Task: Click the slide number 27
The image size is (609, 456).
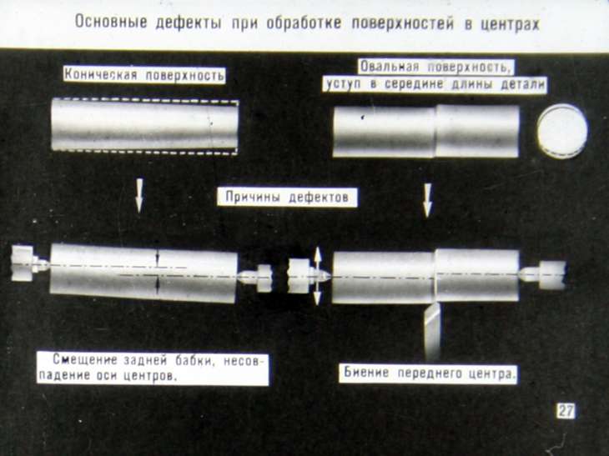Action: (x=566, y=411)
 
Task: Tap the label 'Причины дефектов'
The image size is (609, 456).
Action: (x=287, y=197)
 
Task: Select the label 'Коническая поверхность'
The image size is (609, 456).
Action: (x=144, y=74)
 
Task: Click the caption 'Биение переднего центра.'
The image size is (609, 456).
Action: (x=429, y=373)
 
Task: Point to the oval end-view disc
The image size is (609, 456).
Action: (x=562, y=131)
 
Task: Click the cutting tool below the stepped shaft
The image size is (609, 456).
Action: (x=432, y=332)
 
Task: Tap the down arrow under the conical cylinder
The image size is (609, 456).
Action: (x=139, y=195)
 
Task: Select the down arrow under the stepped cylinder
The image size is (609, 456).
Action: (x=428, y=200)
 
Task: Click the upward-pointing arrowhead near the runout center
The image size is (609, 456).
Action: (x=317, y=254)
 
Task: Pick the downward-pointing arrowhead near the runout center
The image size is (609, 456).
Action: (x=317, y=297)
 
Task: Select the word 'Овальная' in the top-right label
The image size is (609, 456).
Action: (x=390, y=67)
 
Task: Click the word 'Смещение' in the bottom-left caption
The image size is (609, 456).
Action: (x=84, y=359)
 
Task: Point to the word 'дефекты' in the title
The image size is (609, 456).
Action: (x=189, y=23)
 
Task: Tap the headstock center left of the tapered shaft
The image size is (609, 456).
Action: (x=30, y=263)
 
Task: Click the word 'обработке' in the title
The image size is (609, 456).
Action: (x=304, y=23)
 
